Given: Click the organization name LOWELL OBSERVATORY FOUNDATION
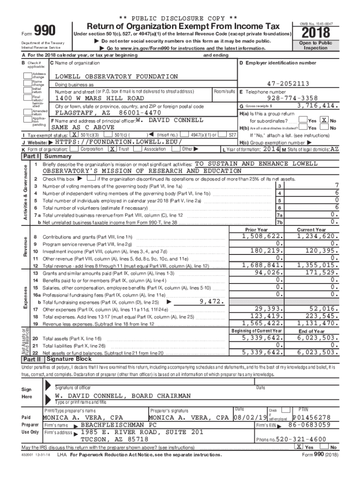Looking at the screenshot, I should (116, 76).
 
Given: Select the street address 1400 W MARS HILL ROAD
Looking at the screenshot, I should (100, 99).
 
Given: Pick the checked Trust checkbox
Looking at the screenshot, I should (112, 149).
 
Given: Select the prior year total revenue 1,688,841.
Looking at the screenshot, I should (262, 265).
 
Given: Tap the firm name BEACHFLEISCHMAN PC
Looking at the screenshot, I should (119, 425).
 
